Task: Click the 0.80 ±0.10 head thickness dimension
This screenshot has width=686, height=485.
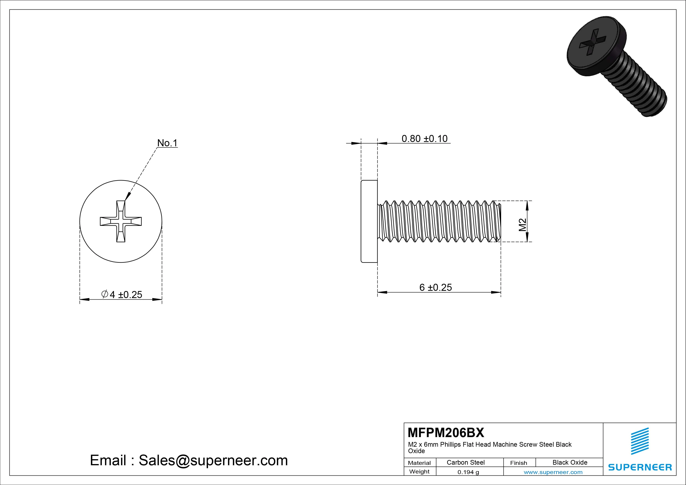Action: point(424,139)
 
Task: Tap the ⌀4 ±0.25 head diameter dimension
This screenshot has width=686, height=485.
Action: point(122,295)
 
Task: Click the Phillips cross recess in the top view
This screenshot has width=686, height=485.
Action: point(121,221)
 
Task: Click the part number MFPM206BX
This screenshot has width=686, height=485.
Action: point(445,432)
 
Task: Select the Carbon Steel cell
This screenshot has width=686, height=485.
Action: point(465,462)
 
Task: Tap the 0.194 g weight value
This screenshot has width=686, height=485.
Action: point(468,472)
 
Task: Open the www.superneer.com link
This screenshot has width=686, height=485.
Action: point(553,472)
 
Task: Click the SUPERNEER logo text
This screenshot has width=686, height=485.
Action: point(640,467)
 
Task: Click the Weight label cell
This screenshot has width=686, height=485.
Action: point(419,472)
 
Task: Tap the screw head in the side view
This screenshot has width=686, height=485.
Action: point(369,221)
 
